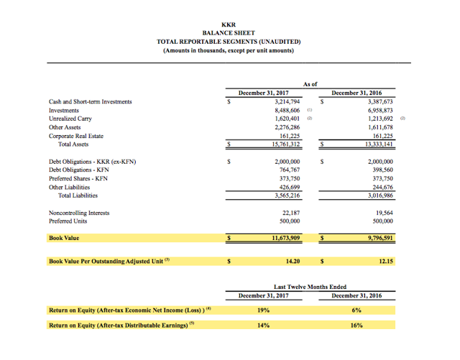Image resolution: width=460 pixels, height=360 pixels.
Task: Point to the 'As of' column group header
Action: (x=310, y=84)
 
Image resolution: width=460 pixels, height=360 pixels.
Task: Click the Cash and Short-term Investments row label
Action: (x=90, y=102)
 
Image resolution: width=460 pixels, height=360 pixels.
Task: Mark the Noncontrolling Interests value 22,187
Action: (x=290, y=213)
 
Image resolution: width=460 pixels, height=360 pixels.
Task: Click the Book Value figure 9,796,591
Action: (x=377, y=237)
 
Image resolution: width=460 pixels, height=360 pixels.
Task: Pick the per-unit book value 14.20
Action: (x=292, y=262)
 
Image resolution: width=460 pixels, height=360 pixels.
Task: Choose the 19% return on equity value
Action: (x=263, y=310)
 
